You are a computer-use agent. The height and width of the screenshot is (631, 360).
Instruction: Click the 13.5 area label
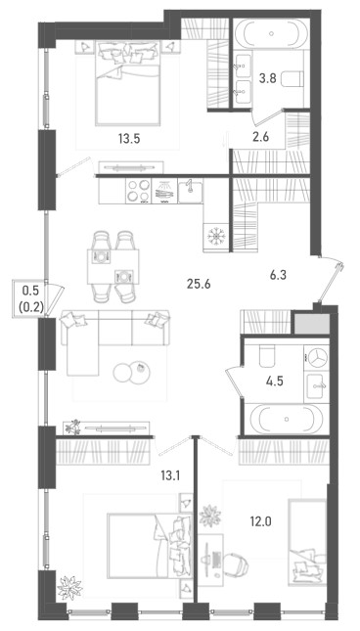pos(128,139)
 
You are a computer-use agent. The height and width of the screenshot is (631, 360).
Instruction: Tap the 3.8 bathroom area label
pos(267,78)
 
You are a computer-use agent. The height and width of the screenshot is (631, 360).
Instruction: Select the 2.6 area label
pos(260,137)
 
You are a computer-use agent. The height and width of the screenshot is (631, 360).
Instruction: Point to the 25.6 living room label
pos(199,285)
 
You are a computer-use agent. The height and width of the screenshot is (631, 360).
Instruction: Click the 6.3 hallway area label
pos(278,276)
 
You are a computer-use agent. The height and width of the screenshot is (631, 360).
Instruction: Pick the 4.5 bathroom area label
pos(275,381)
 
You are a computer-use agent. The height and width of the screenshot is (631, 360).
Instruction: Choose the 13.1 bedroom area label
pos(170,476)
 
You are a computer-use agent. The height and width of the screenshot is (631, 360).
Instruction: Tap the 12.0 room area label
pos(260,522)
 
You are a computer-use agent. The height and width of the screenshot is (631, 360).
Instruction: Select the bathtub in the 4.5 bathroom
pos(287,419)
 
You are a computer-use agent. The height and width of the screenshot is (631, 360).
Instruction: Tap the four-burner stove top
pos(138,191)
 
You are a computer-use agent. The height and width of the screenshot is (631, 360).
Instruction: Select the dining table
pos(113,266)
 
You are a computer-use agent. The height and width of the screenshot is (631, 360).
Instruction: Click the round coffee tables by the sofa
pos(131,371)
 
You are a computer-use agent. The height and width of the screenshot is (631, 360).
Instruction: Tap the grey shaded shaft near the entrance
pos(312,323)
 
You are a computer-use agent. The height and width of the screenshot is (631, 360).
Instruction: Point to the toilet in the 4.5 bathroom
pos(267,356)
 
